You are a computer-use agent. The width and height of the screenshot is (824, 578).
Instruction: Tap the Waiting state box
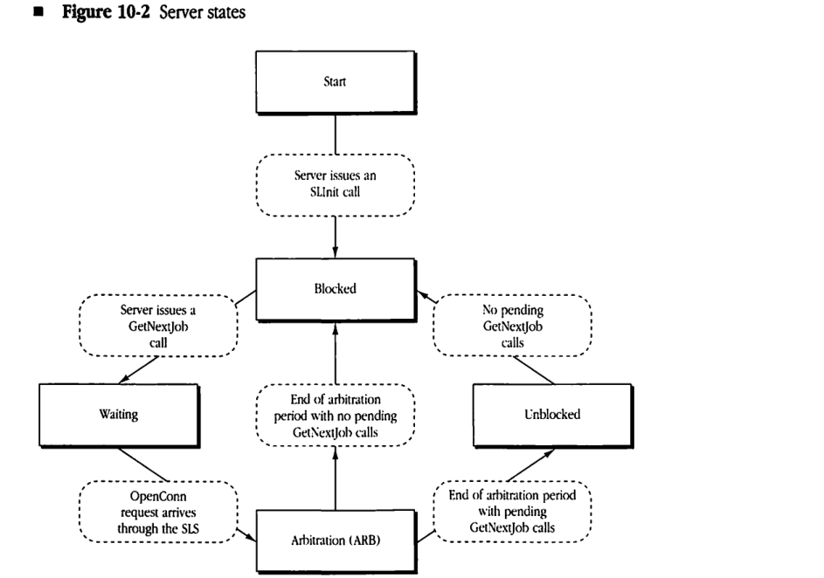[117, 414]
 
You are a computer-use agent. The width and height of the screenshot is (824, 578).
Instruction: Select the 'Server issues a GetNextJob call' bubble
[159, 328]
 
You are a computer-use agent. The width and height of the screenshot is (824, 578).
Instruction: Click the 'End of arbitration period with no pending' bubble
[336, 414]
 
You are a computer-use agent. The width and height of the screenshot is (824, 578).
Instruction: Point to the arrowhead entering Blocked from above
[336, 253]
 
